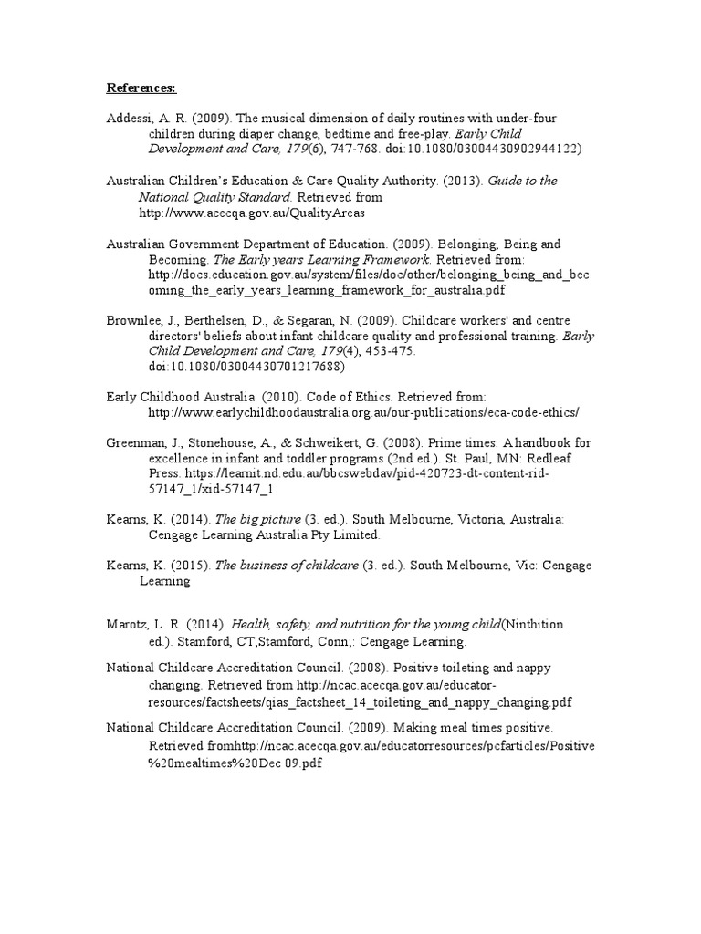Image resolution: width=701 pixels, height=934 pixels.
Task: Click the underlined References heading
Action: coord(141,88)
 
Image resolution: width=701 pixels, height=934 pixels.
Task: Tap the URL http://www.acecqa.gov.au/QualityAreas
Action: coord(251,212)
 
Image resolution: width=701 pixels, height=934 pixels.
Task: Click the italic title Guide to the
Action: coord(522,181)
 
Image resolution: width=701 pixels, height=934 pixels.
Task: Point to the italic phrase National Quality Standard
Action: coord(214,196)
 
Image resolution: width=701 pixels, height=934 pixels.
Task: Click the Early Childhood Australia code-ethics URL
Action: coord(363,412)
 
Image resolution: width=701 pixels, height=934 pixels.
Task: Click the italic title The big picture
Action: coord(253,519)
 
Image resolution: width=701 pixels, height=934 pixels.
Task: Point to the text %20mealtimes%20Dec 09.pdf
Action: coord(235,762)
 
